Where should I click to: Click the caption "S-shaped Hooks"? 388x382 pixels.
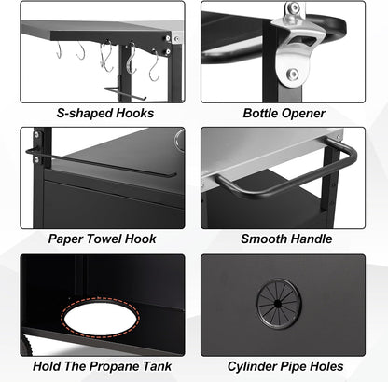point(105,113)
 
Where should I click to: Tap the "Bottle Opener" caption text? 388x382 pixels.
point(284,113)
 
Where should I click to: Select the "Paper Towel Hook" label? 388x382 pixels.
point(102,239)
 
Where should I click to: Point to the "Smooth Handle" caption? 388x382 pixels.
point(286,239)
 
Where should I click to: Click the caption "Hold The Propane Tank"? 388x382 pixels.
point(102,366)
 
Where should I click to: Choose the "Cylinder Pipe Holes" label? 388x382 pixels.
point(285,366)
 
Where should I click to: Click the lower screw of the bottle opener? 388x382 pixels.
point(293,74)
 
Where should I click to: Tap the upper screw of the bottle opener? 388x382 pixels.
point(293,7)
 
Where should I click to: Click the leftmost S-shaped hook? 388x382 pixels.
point(59,49)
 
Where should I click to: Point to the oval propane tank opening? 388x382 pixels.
point(101,318)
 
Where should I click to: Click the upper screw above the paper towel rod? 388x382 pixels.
point(37,134)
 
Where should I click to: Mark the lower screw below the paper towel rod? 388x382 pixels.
point(36,159)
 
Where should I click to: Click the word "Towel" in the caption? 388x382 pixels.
point(104,239)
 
